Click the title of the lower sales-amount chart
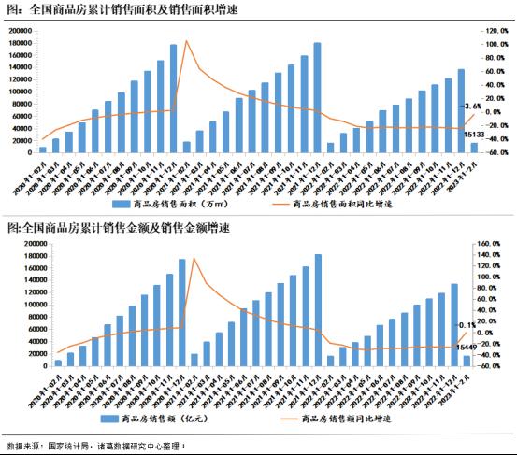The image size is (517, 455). click(118, 227)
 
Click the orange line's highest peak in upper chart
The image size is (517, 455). click(186, 41)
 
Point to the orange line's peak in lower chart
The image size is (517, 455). click(194, 259)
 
